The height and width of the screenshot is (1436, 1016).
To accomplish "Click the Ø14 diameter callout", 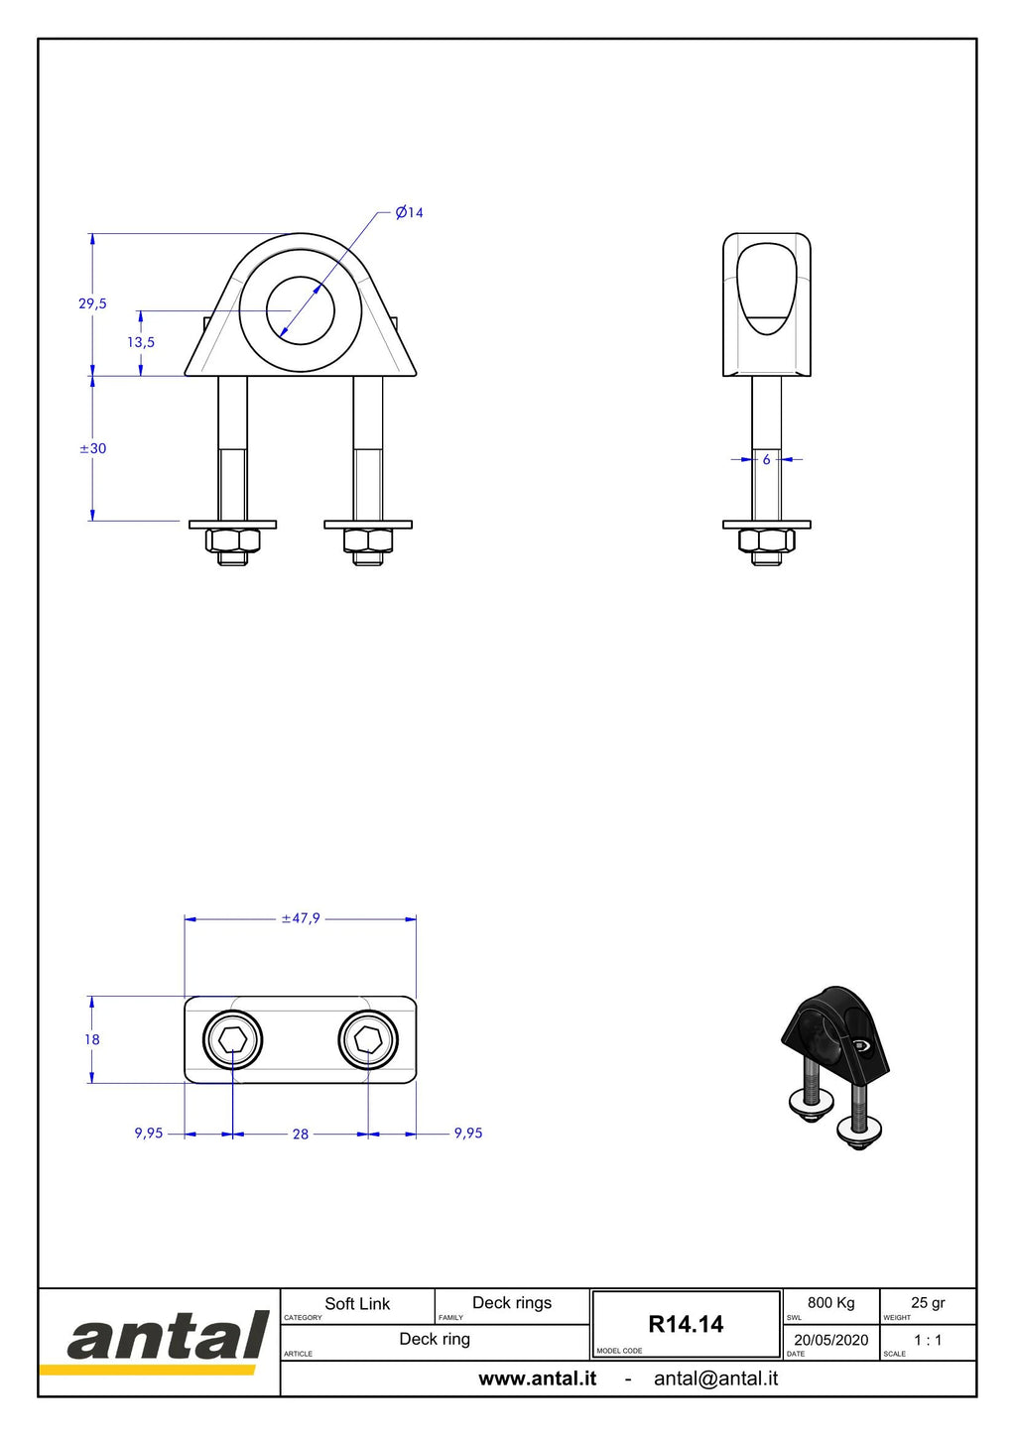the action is (409, 212).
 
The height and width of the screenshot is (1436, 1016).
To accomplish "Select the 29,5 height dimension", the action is (92, 303).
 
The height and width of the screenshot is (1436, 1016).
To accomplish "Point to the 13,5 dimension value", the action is (141, 342).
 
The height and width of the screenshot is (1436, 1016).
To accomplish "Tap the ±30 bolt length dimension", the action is (93, 448).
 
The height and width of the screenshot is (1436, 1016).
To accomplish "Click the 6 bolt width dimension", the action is (767, 459).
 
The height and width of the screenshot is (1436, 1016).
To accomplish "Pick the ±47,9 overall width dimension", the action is (301, 918).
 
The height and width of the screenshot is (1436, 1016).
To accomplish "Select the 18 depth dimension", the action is (91, 1040).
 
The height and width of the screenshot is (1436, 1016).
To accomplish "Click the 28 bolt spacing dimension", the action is (301, 1135).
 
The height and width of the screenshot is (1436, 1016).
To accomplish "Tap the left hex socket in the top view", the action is (232, 1040).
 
